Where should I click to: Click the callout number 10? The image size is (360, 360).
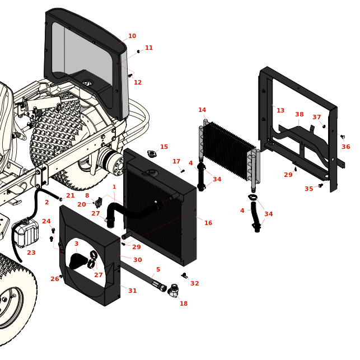(x=132, y=36)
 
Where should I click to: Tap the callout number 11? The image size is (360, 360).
(x=149, y=48)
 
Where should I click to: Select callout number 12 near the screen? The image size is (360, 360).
(x=138, y=83)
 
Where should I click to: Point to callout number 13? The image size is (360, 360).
(x=280, y=111)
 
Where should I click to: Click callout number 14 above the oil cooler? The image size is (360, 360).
(x=202, y=110)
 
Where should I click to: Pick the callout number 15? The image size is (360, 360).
(x=164, y=147)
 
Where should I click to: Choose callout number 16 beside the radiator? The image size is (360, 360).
(x=208, y=223)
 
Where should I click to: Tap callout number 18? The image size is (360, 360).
(x=184, y=304)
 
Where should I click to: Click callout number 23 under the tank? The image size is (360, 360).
(x=31, y=253)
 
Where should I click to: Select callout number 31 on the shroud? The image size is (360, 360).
(x=133, y=291)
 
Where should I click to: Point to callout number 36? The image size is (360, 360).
(x=346, y=147)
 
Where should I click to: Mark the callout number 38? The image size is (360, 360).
(x=300, y=115)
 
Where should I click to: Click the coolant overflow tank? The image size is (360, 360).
(x=26, y=232)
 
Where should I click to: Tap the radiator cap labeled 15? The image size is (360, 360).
(x=151, y=153)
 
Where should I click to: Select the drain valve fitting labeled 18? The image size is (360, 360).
(x=174, y=291)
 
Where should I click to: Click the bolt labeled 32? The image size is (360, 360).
(x=184, y=275)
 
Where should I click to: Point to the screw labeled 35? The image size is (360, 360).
(x=320, y=185)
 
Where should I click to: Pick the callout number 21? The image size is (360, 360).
(x=71, y=196)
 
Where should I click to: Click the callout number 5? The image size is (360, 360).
(x=158, y=270)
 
